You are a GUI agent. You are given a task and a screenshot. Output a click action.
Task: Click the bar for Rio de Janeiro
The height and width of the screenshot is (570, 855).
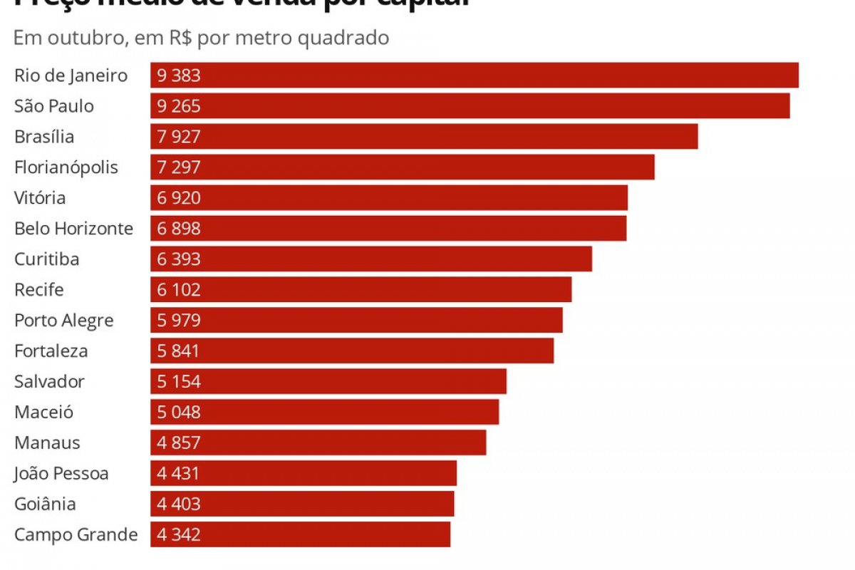[474, 76]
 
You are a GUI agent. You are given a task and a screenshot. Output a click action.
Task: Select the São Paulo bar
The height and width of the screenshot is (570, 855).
[470, 106]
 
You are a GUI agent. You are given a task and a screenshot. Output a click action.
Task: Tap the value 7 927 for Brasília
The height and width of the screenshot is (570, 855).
[179, 137]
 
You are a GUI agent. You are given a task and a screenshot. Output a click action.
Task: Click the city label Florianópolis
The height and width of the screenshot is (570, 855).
[66, 167]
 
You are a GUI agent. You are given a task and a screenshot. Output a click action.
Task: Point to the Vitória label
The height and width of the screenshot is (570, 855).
[40, 198]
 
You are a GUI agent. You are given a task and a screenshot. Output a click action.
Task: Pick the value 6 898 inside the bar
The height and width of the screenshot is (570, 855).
[179, 229]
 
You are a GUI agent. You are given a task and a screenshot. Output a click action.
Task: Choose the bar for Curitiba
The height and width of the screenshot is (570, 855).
[370, 259]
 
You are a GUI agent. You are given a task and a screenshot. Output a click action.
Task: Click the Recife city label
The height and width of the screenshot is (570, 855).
[39, 290]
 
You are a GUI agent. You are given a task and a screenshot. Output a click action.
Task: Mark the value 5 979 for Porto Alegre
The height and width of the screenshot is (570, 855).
[179, 321]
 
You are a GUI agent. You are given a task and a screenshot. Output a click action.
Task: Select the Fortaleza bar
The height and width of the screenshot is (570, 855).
[352, 351]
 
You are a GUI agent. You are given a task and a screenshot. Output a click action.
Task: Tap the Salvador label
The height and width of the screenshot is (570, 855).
[49, 382]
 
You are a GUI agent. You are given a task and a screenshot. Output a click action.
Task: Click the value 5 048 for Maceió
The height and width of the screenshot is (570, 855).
[179, 413]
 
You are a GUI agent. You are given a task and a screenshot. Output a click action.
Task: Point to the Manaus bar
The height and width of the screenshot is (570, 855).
[318, 443]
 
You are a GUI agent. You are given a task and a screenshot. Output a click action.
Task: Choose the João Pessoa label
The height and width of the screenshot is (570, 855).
[61, 474]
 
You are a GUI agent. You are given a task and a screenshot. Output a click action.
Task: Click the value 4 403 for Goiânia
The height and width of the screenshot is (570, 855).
[179, 504]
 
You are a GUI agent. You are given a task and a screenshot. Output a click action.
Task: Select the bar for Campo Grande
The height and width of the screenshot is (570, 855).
[300, 535]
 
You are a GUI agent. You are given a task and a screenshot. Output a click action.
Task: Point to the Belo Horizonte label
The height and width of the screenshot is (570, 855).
[73, 229]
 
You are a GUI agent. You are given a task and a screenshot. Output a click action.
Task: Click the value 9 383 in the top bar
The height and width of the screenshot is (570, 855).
[179, 76]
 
